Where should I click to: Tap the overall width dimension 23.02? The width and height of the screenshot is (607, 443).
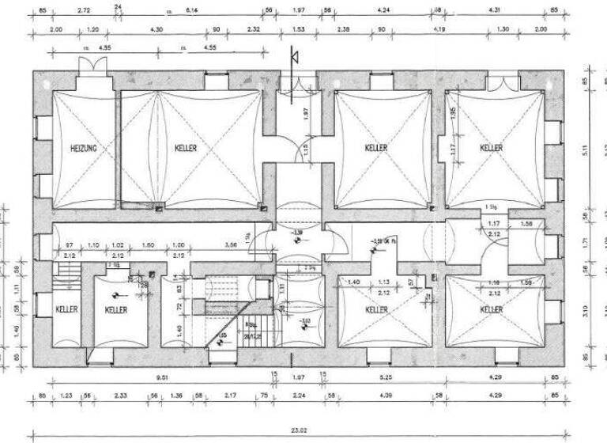click(x=297, y=430)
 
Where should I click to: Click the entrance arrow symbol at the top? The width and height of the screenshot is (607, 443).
click(x=293, y=56)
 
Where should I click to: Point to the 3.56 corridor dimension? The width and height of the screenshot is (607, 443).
click(x=231, y=245)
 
